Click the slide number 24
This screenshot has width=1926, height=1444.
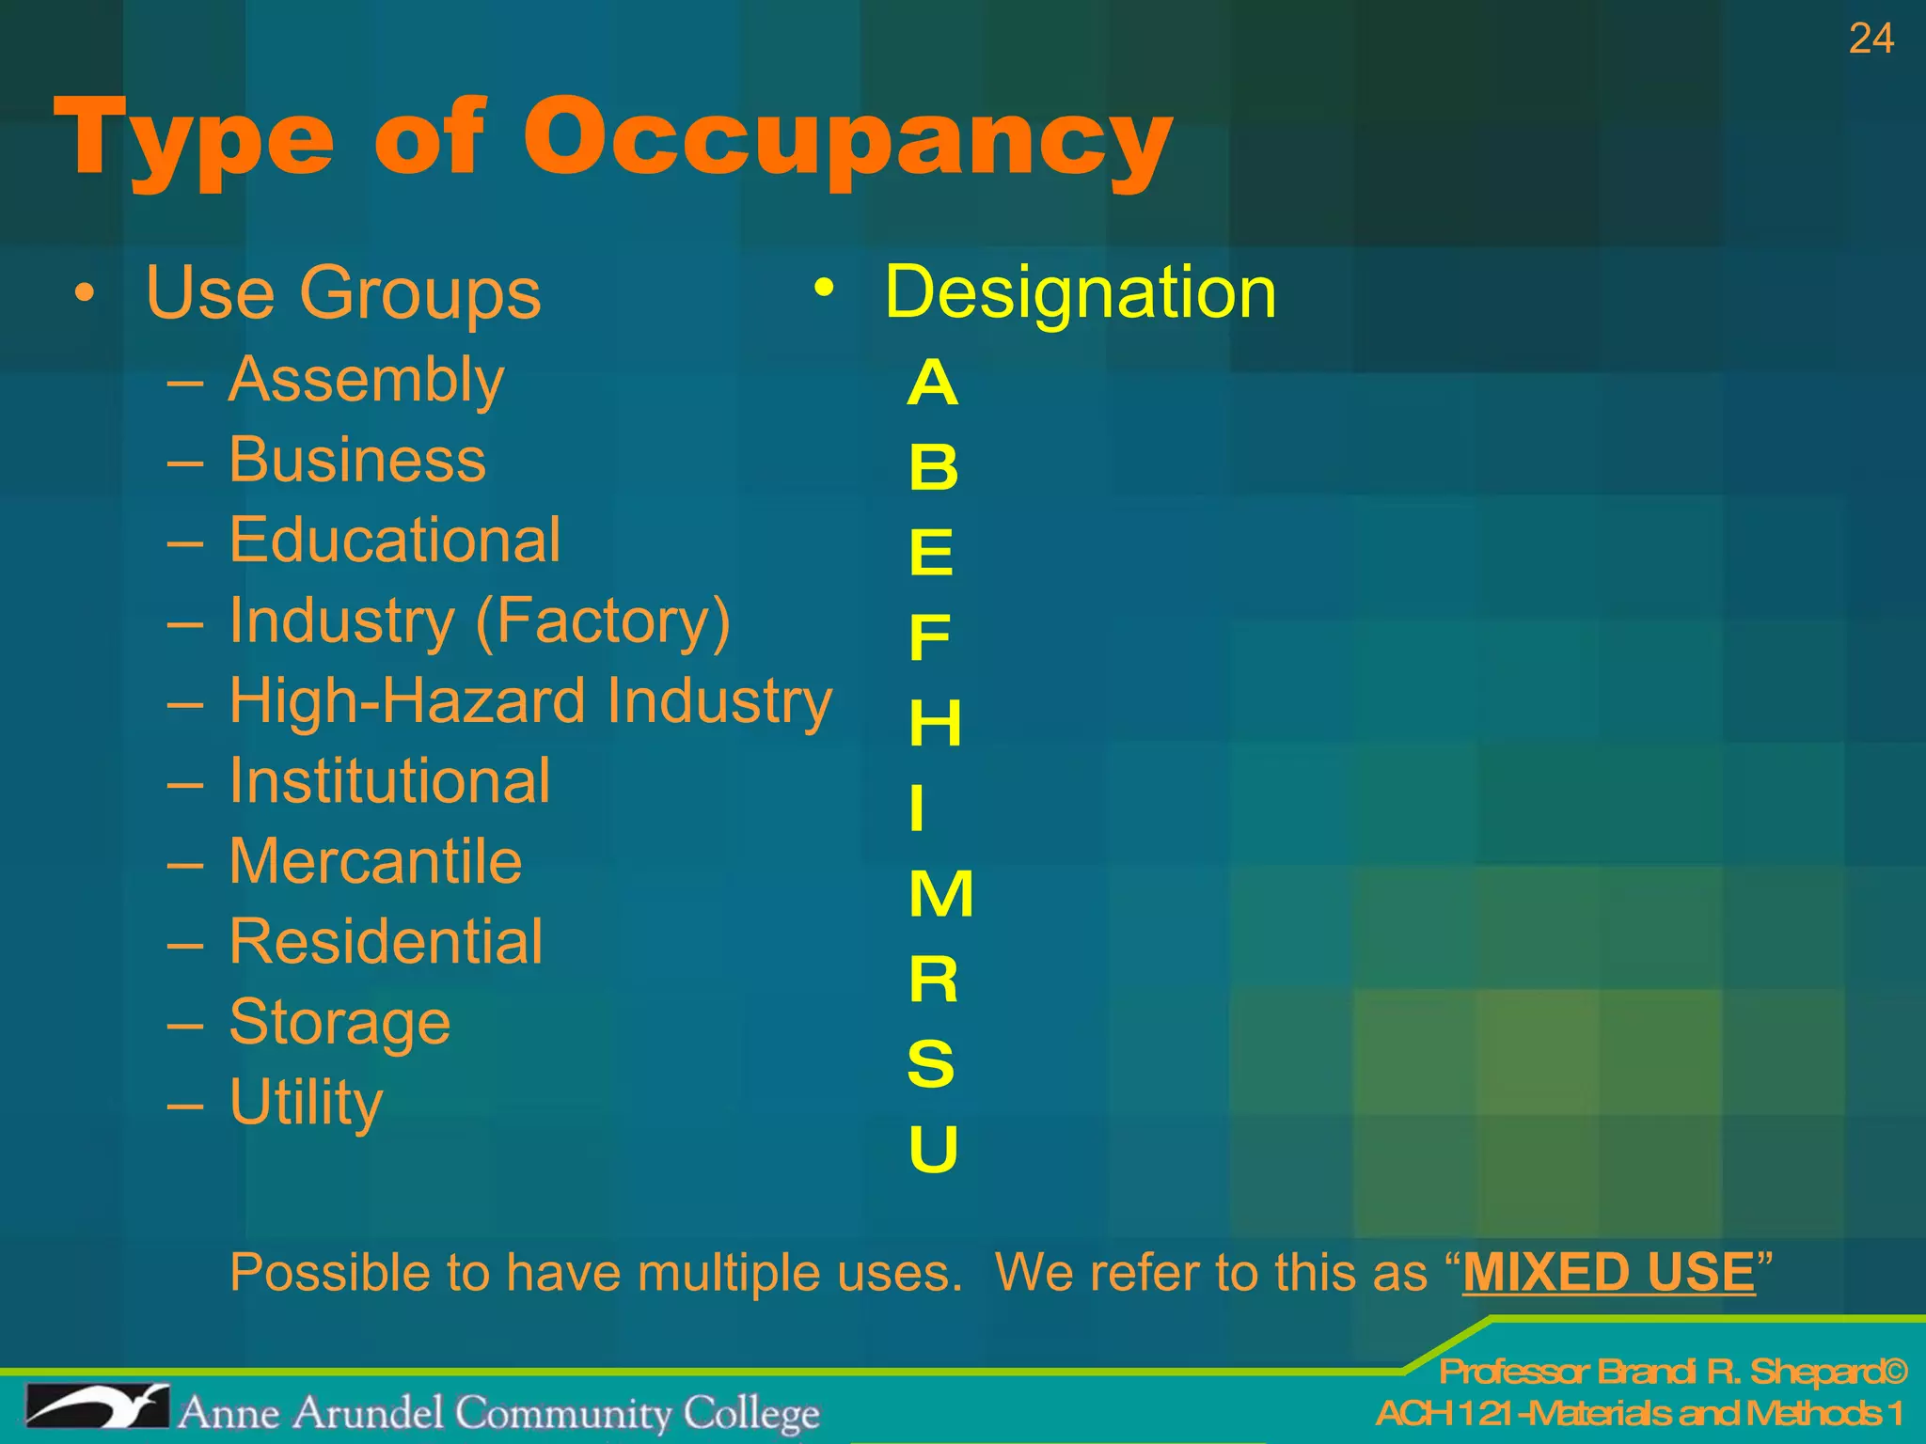[1871, 39]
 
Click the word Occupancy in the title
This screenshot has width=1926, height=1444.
[846, 141]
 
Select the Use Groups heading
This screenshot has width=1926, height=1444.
[343, 293]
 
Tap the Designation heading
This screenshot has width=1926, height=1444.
[1081, 292]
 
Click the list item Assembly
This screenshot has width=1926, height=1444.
[366, 381]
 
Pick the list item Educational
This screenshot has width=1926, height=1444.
[395, 541]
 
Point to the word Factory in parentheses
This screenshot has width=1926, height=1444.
[603, 621]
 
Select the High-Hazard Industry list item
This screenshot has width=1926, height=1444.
[530, 701]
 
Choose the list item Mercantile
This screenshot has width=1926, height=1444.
[375, 861]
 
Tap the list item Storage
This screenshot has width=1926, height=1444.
[339, 1022]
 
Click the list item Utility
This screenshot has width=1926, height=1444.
[306, 1102]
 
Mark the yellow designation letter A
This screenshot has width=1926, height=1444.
[932, 384]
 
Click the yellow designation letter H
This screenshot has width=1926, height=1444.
[935, 723]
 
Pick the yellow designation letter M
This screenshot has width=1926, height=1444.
[940, 893]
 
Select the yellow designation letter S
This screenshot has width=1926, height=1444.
[931, 1063]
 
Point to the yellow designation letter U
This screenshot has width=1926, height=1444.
[933, 1148]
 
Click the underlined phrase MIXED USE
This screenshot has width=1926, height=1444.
[1608, 1273]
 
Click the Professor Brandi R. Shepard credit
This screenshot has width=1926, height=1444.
[1673, 1373]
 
